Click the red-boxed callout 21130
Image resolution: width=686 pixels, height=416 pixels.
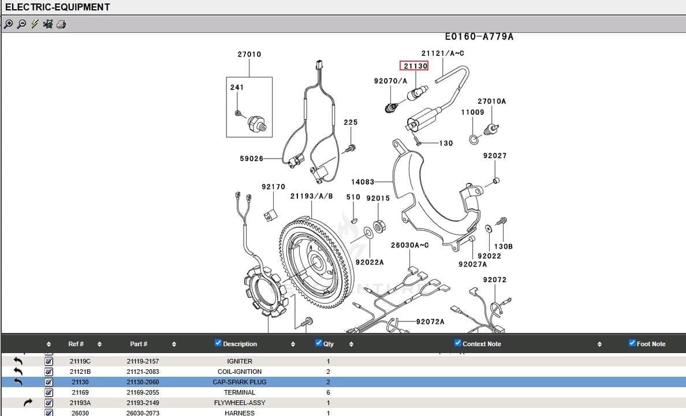click(x=415, y=66)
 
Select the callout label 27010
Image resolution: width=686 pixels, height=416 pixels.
click(x=249, y=54)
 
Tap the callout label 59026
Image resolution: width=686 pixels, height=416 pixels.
click(x=252, y=159)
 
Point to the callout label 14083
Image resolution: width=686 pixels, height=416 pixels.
click(x=363, y=182)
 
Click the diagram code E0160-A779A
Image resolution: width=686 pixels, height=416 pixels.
click(x=479, y=37)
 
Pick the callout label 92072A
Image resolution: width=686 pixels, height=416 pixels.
click(x=430, y=321)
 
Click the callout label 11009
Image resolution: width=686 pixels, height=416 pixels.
click(x=472, y=112)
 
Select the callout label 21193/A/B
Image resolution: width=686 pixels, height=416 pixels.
click(x=311, y=196)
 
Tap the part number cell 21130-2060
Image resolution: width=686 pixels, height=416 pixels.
click(x=143, y=382)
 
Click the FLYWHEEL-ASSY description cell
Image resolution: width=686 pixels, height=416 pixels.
click(x=239, y=403)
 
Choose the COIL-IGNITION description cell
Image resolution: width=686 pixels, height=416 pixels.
click(x=239, y=372)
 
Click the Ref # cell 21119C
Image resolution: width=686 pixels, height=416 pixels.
click(x=80, y=361)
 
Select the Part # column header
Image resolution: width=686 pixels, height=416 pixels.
click(x=139, y=344)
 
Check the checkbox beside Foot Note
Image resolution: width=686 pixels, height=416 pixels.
click(x=632, y=343)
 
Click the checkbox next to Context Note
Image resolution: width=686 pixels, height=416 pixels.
click(x=458, y=343)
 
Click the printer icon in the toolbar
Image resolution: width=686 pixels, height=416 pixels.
click(x=61, y=24)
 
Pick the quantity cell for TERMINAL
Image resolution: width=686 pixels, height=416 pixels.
click(x=329, y=392)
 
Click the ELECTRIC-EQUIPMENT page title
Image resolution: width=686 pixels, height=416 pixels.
click(x=57, y=8)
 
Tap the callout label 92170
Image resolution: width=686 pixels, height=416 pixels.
click(x=273, y=187)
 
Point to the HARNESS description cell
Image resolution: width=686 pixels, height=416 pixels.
click(x=239, y=413)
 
